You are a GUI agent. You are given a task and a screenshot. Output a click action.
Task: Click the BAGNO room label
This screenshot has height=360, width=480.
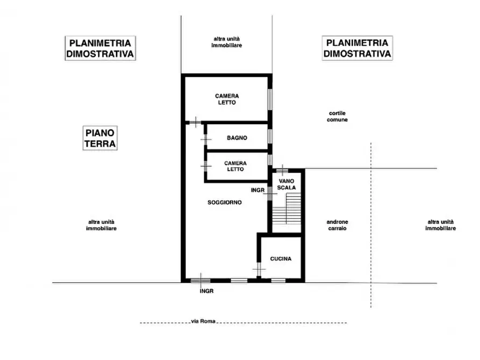(237, 138)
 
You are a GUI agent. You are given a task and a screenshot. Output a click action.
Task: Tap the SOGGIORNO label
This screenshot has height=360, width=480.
(225, 203)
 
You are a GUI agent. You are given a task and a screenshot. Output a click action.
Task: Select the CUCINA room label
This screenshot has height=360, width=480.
(281, 258)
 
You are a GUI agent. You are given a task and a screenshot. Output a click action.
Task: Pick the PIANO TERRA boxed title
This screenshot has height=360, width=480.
(101, 139)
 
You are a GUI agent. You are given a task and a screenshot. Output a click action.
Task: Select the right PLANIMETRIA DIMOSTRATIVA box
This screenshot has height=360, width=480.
(357, 48)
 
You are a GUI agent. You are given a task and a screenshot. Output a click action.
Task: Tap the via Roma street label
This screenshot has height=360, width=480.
(203, 321)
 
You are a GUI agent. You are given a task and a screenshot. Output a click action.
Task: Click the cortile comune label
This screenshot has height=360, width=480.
(338, 116)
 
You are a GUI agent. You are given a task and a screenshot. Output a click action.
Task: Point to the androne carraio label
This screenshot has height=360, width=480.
(336, 225)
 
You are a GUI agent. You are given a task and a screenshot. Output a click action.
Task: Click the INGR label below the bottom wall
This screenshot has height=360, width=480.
(206, 291)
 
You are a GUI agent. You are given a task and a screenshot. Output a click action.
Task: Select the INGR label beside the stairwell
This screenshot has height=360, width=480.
(258, 190)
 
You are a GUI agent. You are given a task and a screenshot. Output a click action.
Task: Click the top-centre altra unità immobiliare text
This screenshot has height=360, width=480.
(226, 42)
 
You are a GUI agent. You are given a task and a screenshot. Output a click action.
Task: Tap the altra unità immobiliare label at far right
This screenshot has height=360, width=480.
(441, 225)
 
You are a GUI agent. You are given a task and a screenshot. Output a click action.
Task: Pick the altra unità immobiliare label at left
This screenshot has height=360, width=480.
(102, 225)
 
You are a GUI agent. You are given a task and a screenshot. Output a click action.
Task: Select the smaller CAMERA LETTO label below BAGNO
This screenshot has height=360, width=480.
(235, 166)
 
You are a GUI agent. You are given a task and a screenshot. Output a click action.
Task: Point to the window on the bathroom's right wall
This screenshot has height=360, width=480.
(269, 136)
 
